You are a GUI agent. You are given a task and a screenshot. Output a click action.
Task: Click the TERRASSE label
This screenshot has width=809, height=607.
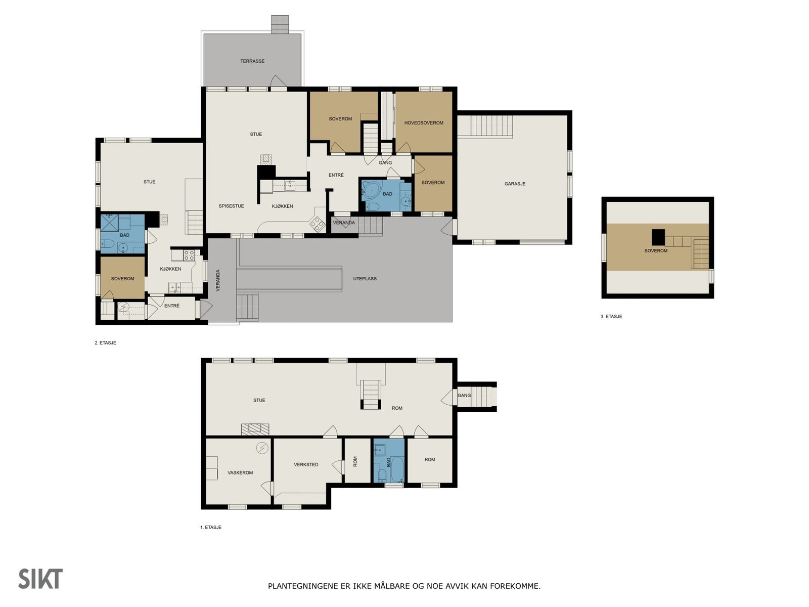coord(252,61)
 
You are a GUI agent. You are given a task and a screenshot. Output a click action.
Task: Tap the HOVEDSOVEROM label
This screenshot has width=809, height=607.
coord(424,123)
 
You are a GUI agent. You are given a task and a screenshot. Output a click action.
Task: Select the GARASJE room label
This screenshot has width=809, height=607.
coord(515,184)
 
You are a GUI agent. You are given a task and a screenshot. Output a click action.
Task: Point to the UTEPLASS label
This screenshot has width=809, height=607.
coord(365,279)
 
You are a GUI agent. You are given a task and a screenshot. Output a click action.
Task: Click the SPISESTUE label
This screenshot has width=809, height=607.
coord(231,206)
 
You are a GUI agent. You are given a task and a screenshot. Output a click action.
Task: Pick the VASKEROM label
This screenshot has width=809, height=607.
coord(240,473)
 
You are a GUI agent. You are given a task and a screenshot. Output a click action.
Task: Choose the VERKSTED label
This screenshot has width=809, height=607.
coord(306,465)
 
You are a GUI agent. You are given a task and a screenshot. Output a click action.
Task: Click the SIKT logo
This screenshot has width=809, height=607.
coord(40,579)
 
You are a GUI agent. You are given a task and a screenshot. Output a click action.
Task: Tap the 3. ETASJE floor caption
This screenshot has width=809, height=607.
coord(611,317)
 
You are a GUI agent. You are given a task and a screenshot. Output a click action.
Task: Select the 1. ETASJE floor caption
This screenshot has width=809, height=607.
coord(210,528)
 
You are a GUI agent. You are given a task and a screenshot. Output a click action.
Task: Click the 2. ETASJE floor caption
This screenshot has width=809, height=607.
coord(105,343)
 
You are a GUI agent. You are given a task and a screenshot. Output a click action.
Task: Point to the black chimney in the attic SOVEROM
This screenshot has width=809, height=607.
coord(658,237)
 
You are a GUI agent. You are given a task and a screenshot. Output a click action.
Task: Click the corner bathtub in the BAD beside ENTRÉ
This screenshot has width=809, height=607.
coord(372,189)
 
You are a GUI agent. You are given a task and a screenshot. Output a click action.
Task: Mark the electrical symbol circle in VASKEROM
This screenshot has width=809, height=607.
coord(262,448)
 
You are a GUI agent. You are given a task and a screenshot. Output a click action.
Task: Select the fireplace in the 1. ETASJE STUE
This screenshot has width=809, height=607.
coord(255,429)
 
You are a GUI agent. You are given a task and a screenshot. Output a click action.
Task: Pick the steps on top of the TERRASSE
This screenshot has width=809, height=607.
coord(280,24)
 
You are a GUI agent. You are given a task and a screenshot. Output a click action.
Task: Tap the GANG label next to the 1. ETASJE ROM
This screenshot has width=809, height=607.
coord(464,396)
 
